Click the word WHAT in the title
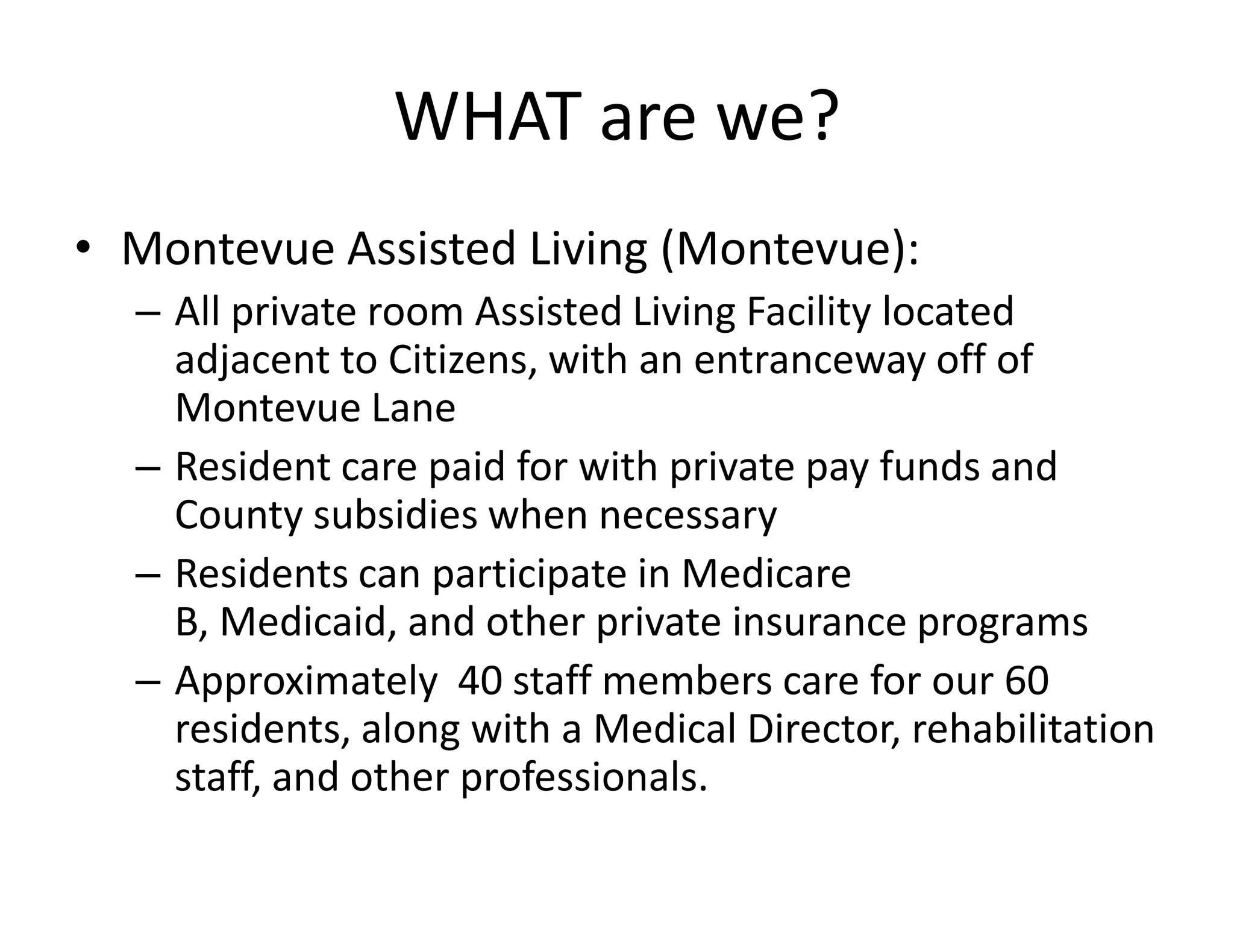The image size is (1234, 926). (x=485, y=118)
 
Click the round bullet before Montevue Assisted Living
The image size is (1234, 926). (x=83, y=248)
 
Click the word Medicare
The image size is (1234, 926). (x=766, y=574)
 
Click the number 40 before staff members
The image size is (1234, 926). (x=480, y=681)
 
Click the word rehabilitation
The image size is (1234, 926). (x=1033, y=729)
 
